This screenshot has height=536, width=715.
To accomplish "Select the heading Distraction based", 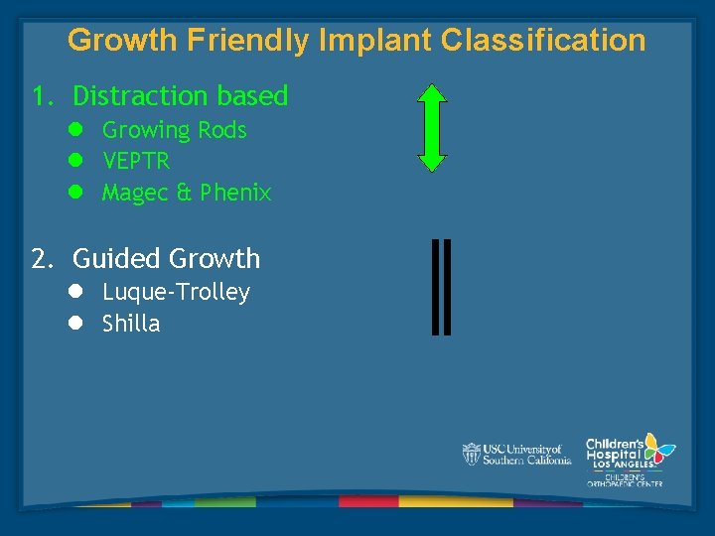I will (x=180, y=96).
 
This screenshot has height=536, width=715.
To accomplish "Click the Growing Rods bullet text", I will (x=174, y=130).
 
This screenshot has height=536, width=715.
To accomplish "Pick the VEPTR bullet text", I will (x=136, y=161).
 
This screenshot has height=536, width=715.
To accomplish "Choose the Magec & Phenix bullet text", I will (x=187, y=193).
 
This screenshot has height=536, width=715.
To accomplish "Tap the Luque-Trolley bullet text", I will (x=176, y=293).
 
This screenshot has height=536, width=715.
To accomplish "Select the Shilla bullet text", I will (x=131, y=324).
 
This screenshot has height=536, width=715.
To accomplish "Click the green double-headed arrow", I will (x=431, y=128).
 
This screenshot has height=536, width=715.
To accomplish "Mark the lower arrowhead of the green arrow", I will (x=431, y=162).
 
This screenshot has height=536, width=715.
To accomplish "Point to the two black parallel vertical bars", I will (x=442, y=286).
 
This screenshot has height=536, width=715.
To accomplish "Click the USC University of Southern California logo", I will (x=516, y=454).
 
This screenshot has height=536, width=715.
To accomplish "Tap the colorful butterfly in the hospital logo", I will (x=656, y=448).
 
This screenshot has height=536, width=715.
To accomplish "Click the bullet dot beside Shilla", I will (x=75, y=324).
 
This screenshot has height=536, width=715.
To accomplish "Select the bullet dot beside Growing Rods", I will (x=75, y=130).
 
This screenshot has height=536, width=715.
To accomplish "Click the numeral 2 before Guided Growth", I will (x=39, y=259).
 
